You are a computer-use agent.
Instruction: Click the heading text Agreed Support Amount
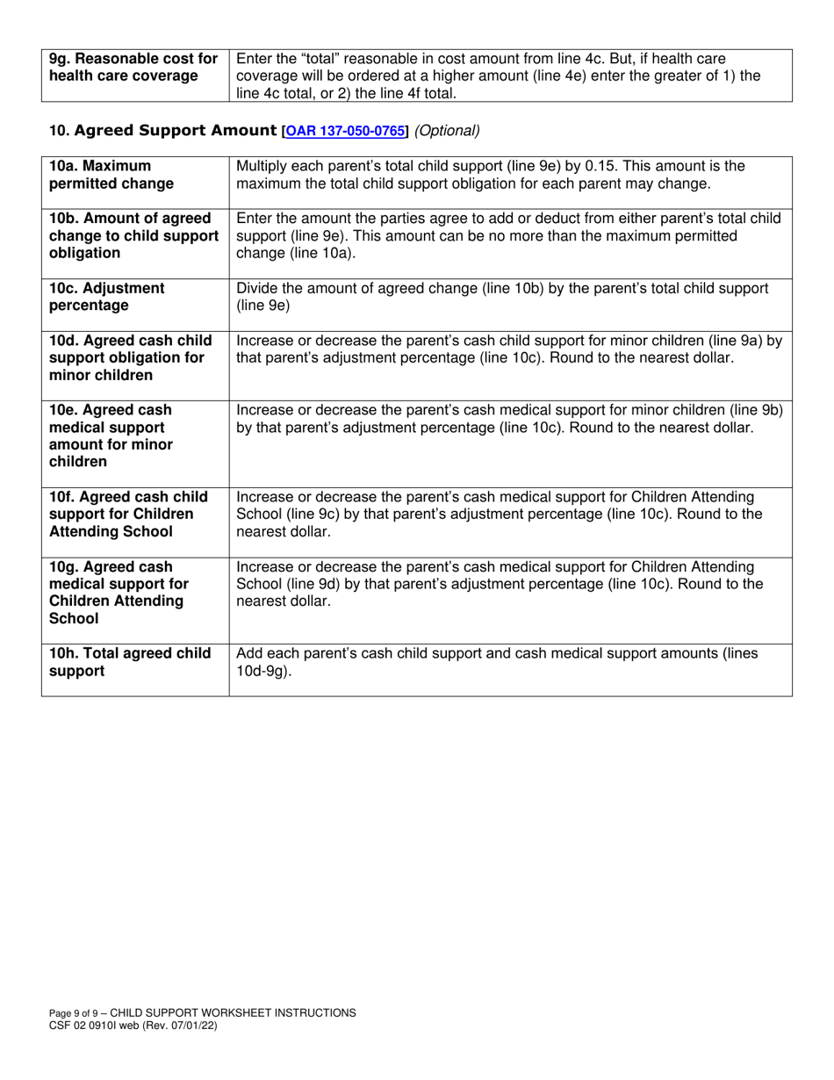[176, 131]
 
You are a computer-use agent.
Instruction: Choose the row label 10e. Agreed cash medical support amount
[111, 436]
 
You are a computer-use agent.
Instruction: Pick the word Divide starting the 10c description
[259, 288]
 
